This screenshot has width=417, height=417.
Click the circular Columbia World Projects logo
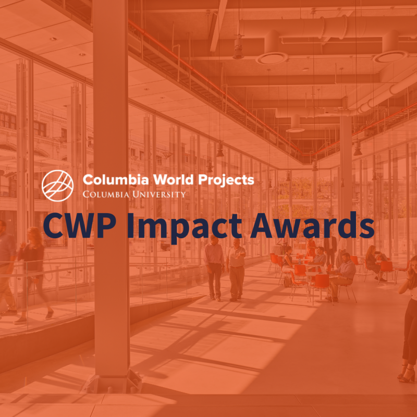57,186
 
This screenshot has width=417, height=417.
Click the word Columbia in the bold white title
116,180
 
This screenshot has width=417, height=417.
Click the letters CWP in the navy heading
80,226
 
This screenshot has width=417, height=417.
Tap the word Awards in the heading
312,225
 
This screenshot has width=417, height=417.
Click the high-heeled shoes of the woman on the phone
407,374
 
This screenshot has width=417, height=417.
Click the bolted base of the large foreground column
112,382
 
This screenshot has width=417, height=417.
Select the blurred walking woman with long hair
34,275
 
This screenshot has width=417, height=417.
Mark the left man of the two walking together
214,267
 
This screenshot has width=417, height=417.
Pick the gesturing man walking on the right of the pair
236,269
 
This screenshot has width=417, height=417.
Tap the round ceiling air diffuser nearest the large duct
272,58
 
